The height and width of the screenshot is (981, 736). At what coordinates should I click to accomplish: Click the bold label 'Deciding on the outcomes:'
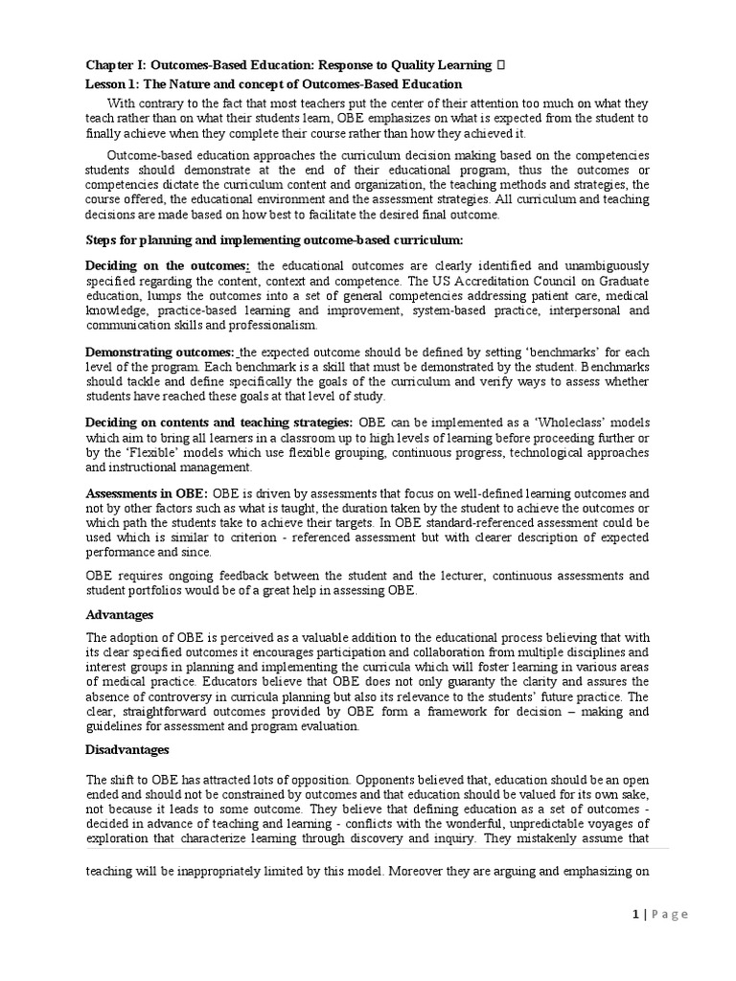pos(168,265)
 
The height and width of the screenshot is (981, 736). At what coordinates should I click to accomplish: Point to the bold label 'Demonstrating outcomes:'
pos(160,352)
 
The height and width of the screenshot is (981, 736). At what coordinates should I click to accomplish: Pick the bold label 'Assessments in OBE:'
pos(147,493)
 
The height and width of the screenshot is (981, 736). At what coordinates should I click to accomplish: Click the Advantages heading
pos(120,614)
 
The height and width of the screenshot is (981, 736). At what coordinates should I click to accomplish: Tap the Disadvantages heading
pos(127,749)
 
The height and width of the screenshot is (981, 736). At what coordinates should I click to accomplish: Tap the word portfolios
pos(157,590)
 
